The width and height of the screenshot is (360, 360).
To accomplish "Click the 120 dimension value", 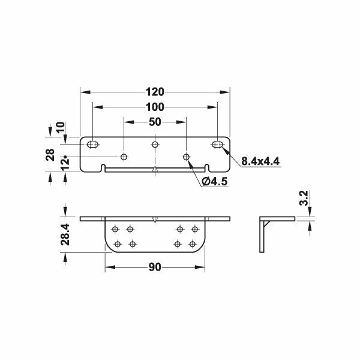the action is tap(155, 92).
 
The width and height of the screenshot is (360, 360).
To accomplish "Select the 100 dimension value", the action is tap(155, 107).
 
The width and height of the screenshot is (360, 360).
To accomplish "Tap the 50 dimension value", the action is tap(155, 122).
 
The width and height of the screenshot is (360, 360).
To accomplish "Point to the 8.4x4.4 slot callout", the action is tap(260, 161).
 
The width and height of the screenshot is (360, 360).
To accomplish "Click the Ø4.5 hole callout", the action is tap(215, 182).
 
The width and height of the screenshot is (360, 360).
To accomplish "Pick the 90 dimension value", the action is tap(155, 267).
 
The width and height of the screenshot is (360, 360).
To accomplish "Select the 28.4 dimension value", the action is tap(65, 235).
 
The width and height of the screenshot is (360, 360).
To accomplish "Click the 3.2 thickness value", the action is tap(304, 198).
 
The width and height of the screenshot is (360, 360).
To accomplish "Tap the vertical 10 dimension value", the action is tap(61, 127).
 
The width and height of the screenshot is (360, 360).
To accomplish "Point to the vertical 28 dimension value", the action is tap(50, 155).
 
